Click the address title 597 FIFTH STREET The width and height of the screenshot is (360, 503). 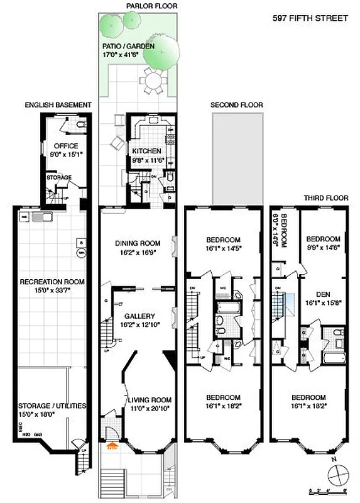point(310,18)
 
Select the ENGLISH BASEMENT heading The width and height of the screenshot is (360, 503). point(58,104)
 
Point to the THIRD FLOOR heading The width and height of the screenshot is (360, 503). point(326,197)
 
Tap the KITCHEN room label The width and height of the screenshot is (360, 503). point(146,152)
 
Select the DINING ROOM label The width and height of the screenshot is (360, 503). point(135,243)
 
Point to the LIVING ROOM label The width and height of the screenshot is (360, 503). point(149,400)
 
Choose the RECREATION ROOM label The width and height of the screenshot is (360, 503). point(52,282)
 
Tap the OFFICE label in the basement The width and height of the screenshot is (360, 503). point(66,146)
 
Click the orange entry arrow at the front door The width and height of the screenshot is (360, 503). point(113,447)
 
